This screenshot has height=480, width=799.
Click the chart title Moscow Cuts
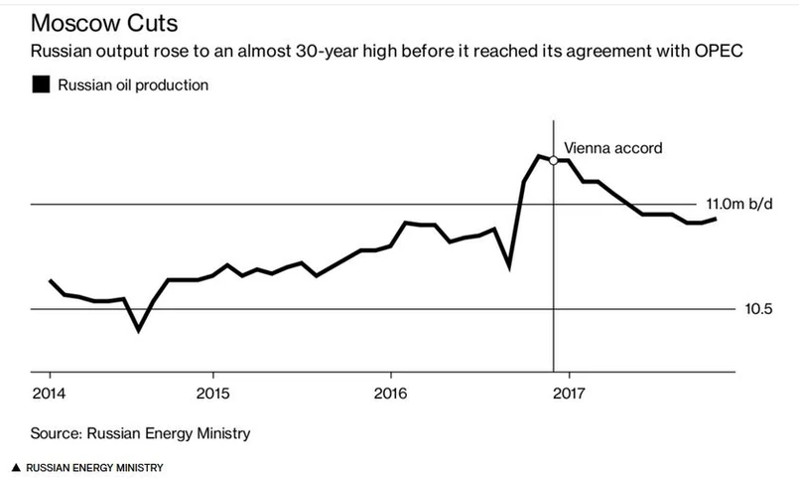tap(94, 22)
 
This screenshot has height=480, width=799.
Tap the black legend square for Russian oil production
tap(41, 85)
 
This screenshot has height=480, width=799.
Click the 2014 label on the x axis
tap(50, 392)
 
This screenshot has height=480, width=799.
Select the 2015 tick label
tap(212, 392)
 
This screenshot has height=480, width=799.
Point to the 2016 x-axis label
tap(391, 392)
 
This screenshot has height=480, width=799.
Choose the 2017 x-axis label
tap(569, 392)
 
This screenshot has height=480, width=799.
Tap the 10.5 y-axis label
tap(759, 309)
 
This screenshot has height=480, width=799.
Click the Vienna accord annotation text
tap(612, 148)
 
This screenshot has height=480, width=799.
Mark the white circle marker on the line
tap(554, 159)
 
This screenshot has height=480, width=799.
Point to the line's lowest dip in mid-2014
tap(138, 330)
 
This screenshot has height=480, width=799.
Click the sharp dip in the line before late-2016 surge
tap(509, 267)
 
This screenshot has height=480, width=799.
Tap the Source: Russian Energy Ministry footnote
tap(140, 433)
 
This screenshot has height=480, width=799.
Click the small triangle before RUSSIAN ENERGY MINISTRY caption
tap(16, 467)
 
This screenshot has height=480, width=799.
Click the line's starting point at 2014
tap(50, 280)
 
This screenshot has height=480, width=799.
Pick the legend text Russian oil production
tap(133, 85)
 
